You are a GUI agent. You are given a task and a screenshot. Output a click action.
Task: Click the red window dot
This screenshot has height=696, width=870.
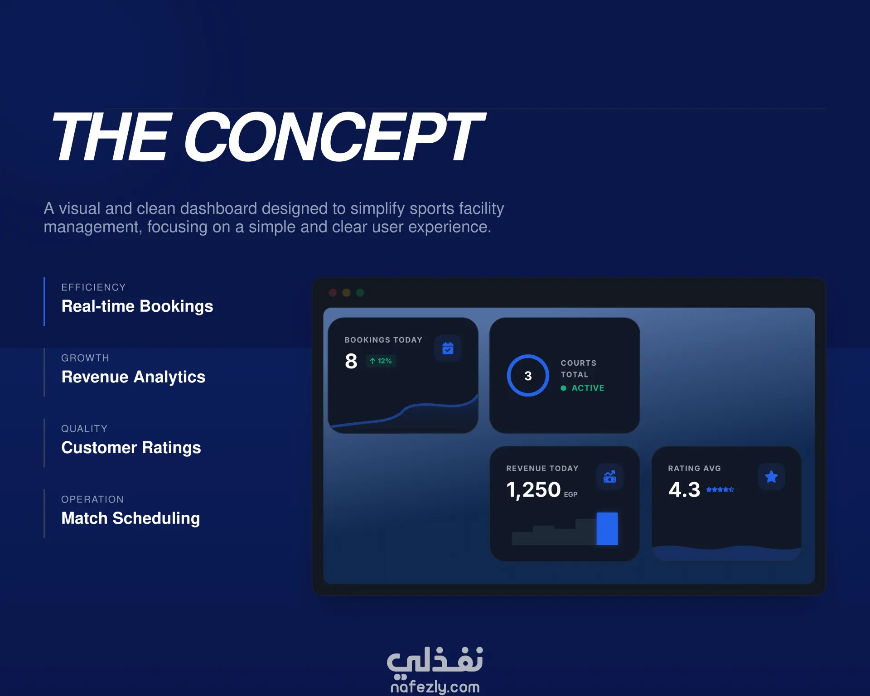pyautogui.click(x=333, y=293)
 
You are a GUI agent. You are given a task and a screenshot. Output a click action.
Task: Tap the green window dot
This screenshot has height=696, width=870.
pyautogui.click(x=360, y=293)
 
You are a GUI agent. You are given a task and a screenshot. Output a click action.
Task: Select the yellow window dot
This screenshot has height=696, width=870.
pyautogui.click(x=347, y=293)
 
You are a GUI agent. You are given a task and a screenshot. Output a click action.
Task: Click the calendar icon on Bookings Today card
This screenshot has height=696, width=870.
pyautogui.click(x=448, y=348)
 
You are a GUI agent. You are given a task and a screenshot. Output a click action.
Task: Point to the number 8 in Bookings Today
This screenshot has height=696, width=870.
pyautogui.click(x=351, y=361)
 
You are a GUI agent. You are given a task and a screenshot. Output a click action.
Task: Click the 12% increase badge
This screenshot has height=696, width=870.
pyautogui.click(x=381, y=361)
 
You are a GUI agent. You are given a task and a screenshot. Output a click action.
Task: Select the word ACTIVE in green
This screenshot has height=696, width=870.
pyautogui.click(x=588, y=388)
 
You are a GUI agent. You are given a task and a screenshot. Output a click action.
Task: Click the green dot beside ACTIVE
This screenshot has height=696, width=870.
pyautogui.click(x=563, y=388)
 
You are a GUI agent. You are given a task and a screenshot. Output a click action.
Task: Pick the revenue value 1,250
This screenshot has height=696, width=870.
pyautogui.click(x=533, y=490)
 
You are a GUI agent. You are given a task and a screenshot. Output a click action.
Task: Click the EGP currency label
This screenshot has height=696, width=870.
pyautogui.click(x=570, y=494)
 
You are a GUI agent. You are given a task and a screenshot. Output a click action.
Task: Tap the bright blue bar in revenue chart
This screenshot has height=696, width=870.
pyautogui.click(x=607, y=529)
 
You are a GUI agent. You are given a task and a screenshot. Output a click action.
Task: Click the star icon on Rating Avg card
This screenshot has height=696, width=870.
pyautogui.click(x=771, y=477)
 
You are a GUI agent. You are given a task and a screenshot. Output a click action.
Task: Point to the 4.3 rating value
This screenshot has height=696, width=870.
pyautogui.click(x=684, y=490)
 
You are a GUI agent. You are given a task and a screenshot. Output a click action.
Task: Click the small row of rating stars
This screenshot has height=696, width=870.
pyautogui.click(x=720, y=489)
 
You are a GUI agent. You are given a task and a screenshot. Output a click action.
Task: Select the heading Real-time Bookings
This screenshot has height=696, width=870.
pyautogui.click(x=137, y=306)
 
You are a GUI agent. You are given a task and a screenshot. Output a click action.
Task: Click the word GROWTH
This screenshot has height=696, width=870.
pyautogui.click(x=85, y=358)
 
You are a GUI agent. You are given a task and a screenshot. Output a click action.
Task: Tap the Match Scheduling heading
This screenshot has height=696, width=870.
pyautogui.click(x=130, y=518)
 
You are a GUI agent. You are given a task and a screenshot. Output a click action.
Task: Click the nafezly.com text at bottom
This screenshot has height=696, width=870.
pyautogui.click(x=435, y=686)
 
